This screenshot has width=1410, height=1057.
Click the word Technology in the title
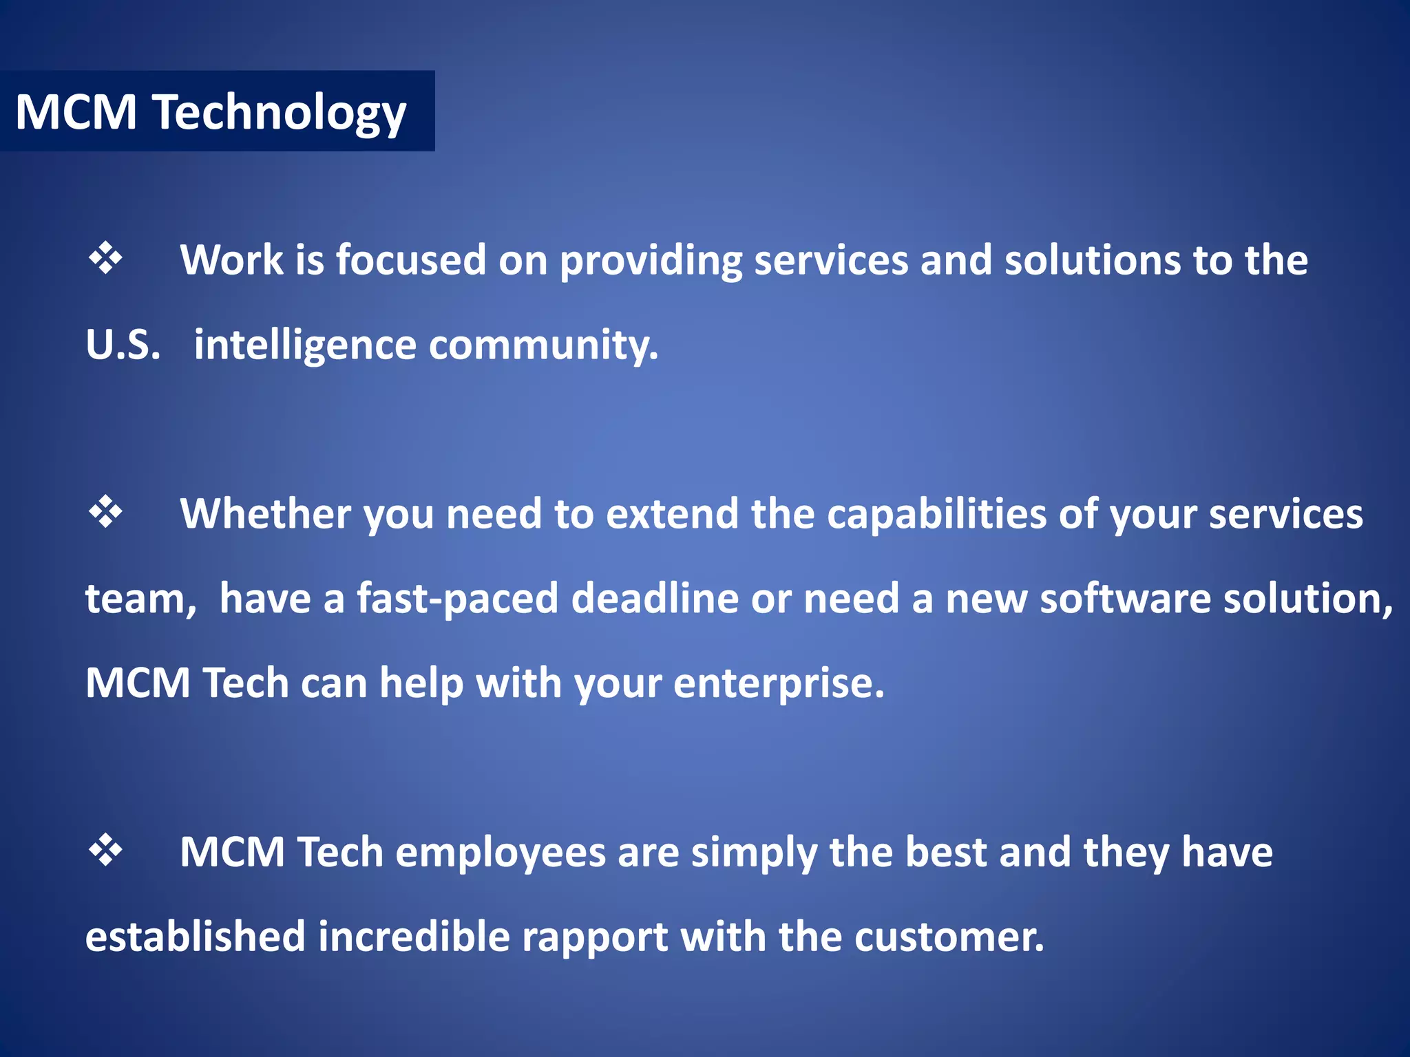coord(280,113)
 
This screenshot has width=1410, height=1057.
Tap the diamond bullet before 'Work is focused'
coord(105,259)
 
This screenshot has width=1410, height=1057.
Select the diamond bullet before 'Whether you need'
coord(105,512)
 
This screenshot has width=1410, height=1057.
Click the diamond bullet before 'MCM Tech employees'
coord(105,850)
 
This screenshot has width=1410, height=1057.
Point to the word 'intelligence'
coord(305,345)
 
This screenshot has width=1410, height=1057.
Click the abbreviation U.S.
coord(123,345)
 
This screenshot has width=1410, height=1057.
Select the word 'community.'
coord(543,345)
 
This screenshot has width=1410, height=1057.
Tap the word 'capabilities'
coord(936,514)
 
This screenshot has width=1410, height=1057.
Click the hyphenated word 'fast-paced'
coord(457,599)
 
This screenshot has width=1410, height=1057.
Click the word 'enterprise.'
coord(779,683)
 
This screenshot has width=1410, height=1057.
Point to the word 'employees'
coord(500,853)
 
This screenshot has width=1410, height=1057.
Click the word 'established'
coord(195,937)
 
